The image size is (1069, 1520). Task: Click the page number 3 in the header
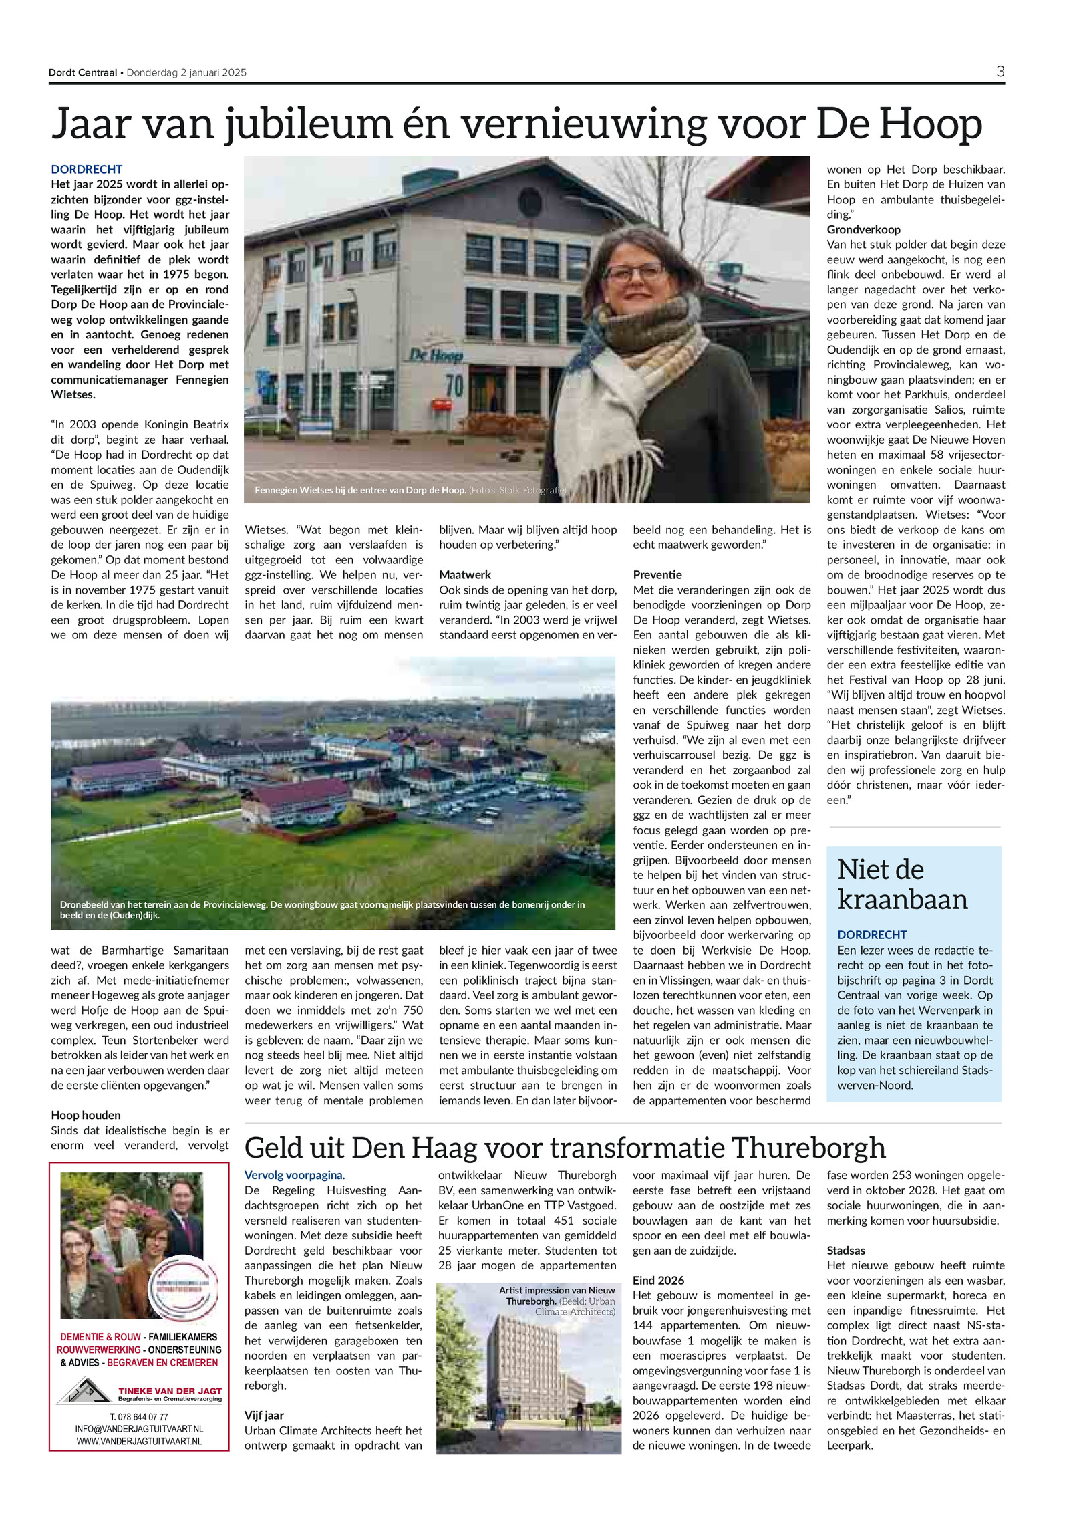pyautogui.click(x=1000, y=72)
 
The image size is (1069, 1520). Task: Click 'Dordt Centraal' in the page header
pyautogui.click(x=83, y=73)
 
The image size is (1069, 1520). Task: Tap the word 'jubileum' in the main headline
pyautogui.click(x=308, y=125)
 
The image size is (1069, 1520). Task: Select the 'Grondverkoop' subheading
pyautogui.click(x=863, y=229)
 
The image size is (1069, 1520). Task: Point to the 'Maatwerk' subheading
pyautogui.click(x=464, y=574)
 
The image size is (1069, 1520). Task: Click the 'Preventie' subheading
pyautogui.click(x=657, y=574)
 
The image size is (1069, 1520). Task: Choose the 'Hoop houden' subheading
pyautogui.click(x=86, y=1115)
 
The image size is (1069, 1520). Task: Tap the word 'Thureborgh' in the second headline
pyautogui.click(x=808, y=1148)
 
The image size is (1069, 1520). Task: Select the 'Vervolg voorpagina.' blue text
pyautogui.click(x=295, y=1175)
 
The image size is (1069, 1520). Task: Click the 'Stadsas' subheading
pyautogui.click(x=845, y=1250)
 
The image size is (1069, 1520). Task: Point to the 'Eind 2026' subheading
pyautogui.click(x=658, y=1280)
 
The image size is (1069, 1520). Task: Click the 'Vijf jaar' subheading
pyautogui.click(x=264, y=1415)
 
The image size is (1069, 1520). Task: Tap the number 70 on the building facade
pyautogui.click(x=454, y=385)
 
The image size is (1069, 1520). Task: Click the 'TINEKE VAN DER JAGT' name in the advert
pyautogui.click(x=170, y=1390)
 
